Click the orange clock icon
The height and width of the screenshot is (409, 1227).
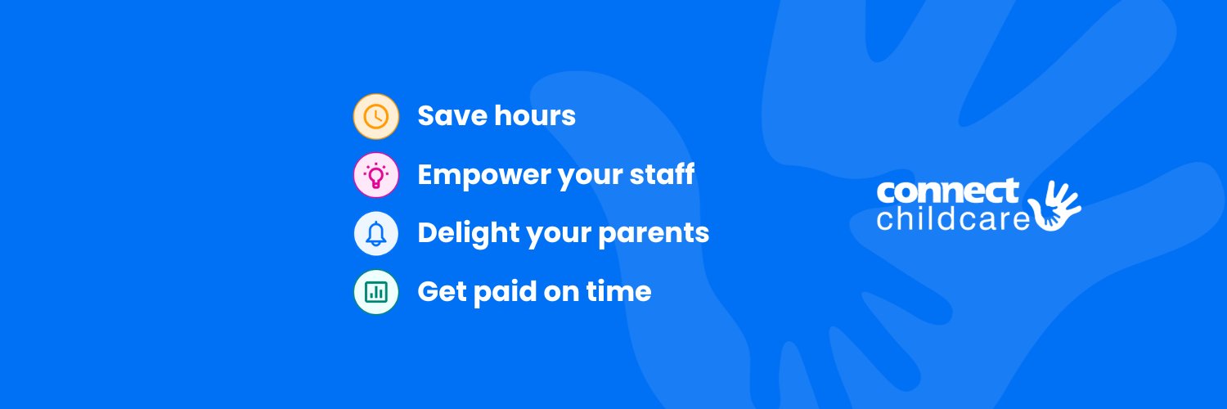(375, 116)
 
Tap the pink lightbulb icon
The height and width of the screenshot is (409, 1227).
(375, 175)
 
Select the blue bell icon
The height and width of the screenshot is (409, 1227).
(375, 234)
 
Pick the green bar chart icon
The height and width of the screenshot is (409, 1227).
(375, 292)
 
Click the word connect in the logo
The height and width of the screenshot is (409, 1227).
(947, 191)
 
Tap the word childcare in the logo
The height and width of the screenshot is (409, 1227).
(952, 219)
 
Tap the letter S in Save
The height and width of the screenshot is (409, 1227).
(426, 116)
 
